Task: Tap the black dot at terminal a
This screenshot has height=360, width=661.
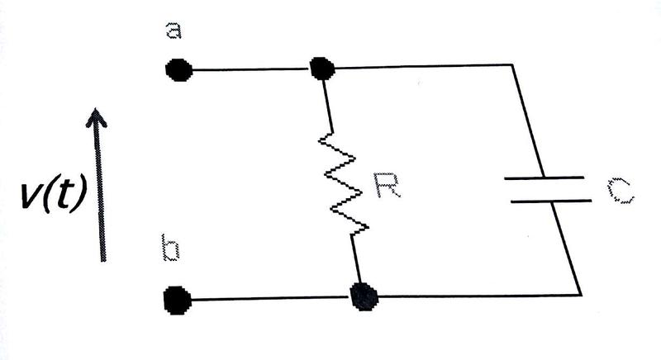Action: (178, 71)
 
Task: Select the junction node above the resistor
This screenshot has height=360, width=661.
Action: (321, 69)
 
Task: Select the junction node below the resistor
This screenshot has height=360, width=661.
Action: (363, 296)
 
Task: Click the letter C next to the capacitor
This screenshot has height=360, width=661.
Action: (619, 192)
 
